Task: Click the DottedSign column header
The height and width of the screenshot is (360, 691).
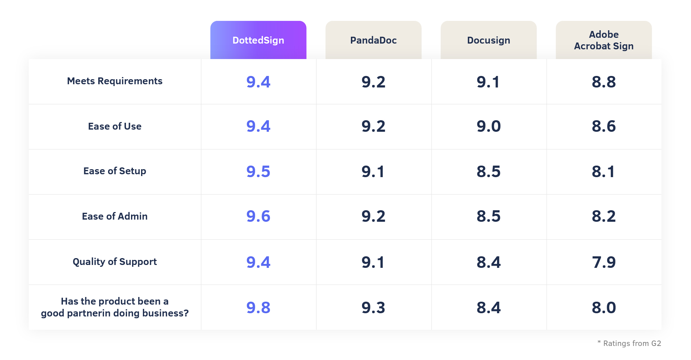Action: (x=258, y=40)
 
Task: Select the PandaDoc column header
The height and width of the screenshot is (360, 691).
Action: (x=374, y=40)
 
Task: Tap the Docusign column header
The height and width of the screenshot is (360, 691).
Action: (x=489, y=40)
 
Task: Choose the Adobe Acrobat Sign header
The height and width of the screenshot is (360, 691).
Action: (x=604, y=40)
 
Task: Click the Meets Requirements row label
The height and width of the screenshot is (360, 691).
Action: (x=115, y=81)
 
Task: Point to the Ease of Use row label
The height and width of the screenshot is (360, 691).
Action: (x=115, y=126)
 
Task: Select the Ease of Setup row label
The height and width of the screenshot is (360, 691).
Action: (x=115, y=171)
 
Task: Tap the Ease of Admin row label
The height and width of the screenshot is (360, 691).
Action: (x=115, y=216)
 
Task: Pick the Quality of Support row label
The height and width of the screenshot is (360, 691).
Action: (x=115, y=262)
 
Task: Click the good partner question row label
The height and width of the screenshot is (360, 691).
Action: (x=115, y=307)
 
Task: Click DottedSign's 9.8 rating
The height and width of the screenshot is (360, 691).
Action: (x=258, y=307)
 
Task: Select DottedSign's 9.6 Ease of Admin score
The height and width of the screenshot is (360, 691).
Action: (x=258, y=216)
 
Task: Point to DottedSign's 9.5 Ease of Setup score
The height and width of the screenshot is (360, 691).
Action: (x=258, y=171)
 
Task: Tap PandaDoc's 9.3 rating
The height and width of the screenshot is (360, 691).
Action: (x=374, y=307)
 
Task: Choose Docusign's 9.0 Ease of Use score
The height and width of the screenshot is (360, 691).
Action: (x=489, y=126)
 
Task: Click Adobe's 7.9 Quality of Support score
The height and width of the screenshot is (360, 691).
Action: (x=604, y=262)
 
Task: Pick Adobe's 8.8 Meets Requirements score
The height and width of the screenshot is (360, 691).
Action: (x=604, y=82)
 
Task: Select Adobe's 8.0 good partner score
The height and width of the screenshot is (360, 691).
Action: (x=604, y=307)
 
